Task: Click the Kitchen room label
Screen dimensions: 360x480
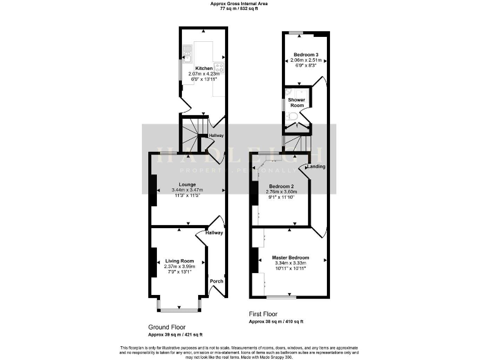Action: click(204, 68)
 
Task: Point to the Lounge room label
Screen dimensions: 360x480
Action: click(188, 185)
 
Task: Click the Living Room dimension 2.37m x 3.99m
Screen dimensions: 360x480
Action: click(179, 267)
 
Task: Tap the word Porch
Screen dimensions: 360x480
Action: click(216, 281)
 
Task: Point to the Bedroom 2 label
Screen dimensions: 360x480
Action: click(281, 186)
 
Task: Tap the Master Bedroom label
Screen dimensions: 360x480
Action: click(290, 257)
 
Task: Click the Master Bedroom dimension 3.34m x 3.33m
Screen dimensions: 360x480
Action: click(290, 263)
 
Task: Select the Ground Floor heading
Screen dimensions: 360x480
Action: click(167, 327)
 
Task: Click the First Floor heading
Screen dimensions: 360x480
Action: click(263, 314)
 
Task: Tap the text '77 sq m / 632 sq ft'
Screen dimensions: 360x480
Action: click(240, 9)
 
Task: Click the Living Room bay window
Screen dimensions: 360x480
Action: click(179, 306)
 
